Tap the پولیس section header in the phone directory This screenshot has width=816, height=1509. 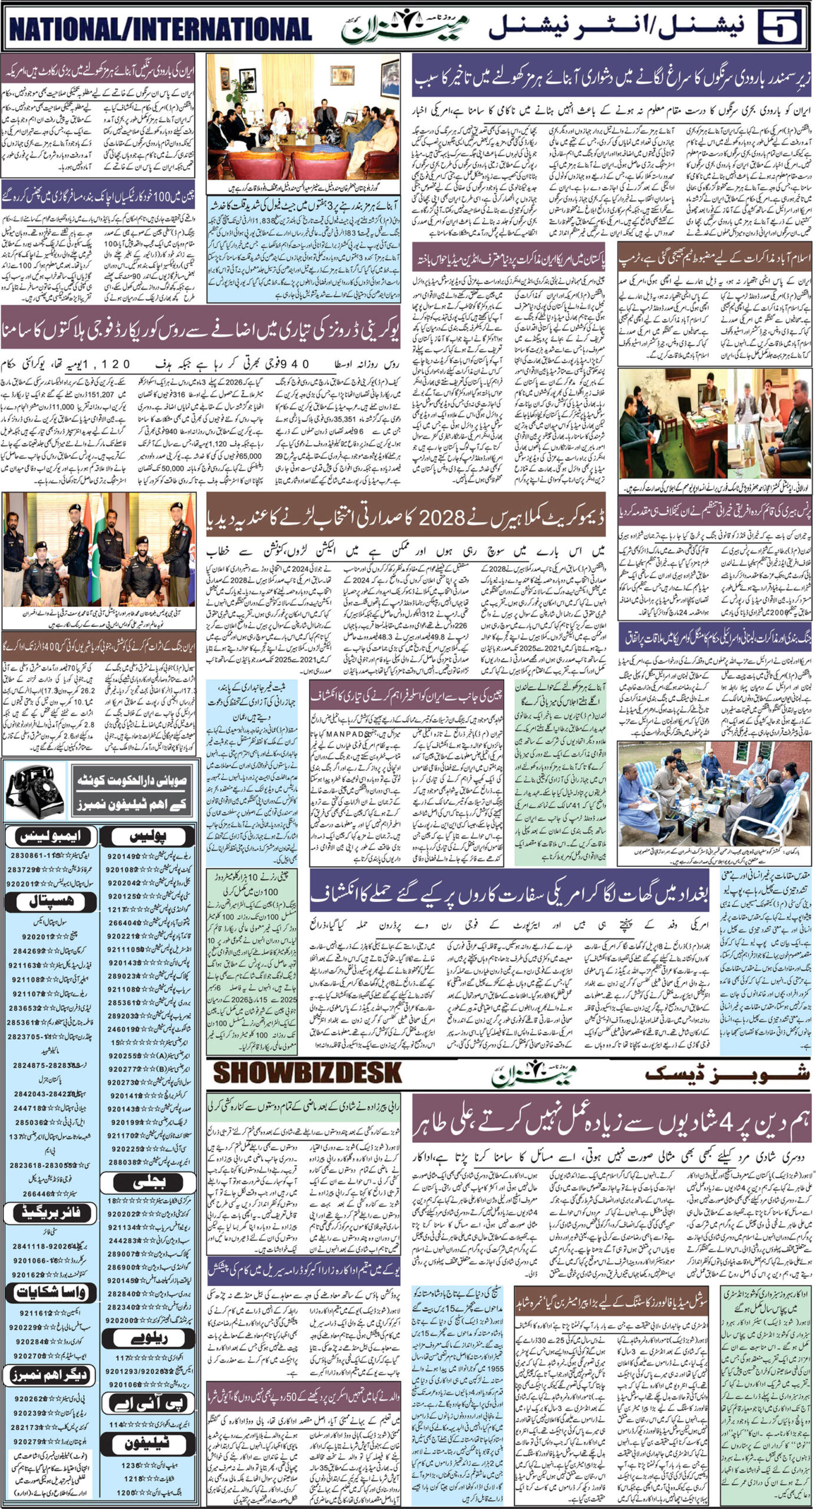tap(150, 836)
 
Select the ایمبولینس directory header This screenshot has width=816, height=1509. tap(51, 836)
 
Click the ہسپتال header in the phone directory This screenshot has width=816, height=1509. tap(51, 901)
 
